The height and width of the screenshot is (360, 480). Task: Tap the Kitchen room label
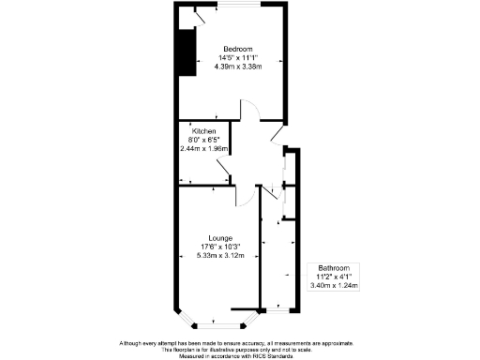point(204,131)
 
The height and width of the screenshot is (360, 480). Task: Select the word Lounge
point(222,238)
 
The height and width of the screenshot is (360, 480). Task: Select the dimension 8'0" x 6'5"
point(204,140)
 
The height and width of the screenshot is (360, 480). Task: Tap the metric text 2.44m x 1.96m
point(204,148)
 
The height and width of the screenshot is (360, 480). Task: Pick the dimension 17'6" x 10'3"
point(222,247)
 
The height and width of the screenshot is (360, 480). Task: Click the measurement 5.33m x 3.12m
point(222,256)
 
